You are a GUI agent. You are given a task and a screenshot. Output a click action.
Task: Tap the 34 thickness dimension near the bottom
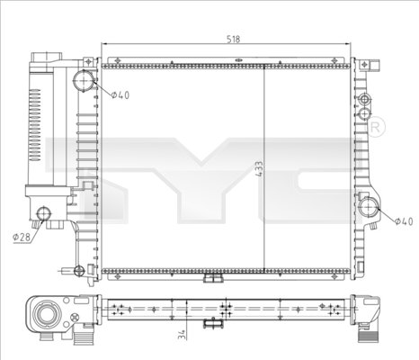pyautogui.click(x=182, y=335)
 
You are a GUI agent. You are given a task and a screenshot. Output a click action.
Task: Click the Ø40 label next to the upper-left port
pyautogui.click(x=120, y=94)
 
